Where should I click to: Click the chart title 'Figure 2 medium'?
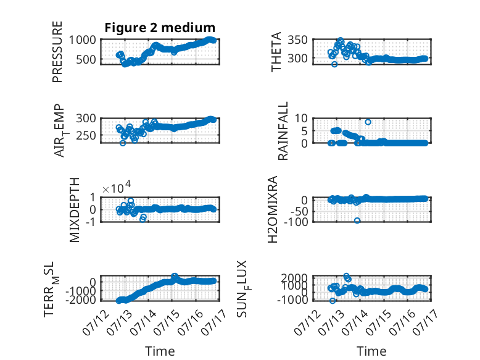click(x=160, y=28)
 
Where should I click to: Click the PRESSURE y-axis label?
click(x=57, y=52)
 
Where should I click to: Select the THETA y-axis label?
click(x=276, y=52)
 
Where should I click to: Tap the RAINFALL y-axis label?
click(x=283, y=131)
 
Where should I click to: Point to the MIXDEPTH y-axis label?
click(x=75, y=210)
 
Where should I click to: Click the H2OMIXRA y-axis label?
click(x=273, y=209)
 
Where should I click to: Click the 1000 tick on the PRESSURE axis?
click(x=82, y=40)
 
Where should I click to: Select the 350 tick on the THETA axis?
click(x=297, y=40)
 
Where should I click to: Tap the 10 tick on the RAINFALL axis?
click(x=301, y=118)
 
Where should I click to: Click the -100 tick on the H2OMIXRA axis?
click(x=296, y=222)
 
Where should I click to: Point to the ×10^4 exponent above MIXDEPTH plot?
click(x=117, y=188)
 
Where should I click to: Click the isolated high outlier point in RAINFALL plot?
click(x=368, y=122)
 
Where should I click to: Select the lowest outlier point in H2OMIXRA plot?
click(x=357, y=220)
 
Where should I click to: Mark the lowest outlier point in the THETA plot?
click(x=334, y=64)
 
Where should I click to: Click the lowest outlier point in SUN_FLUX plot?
click(x=333, y=301)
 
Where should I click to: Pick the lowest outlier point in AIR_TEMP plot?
click(x=123, y=143)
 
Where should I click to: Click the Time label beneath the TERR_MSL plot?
click(x=160, y=351)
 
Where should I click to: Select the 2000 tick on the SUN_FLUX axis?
click(x=294, y=278)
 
